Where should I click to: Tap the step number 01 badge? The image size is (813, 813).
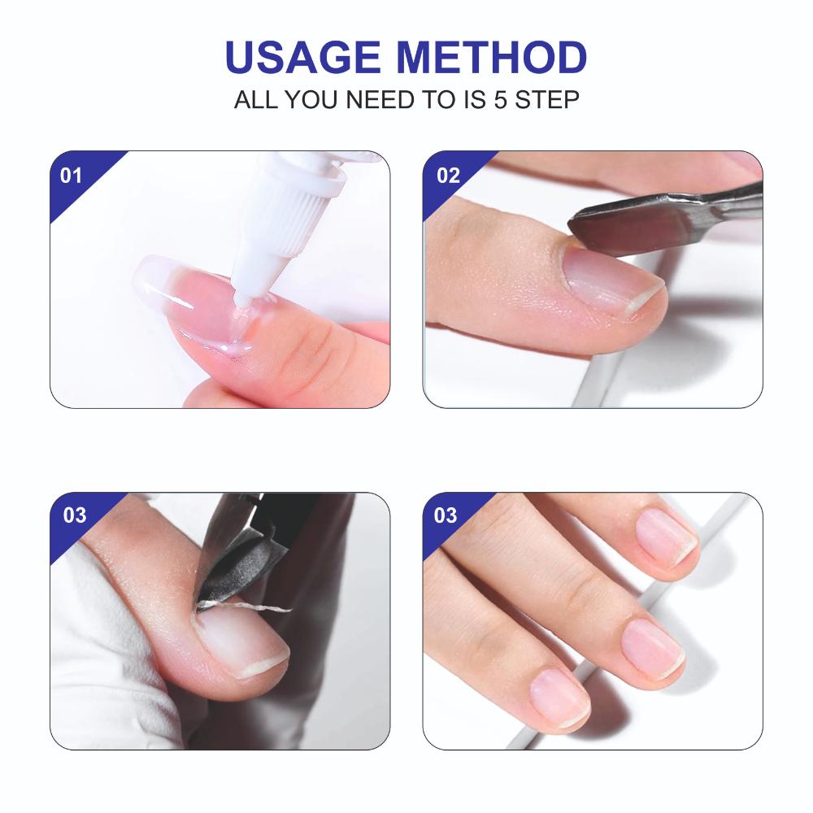[x=72, y=176]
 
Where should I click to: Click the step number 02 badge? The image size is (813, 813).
[x=448, y=176]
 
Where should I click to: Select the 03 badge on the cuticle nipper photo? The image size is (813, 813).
[x=74, y=515]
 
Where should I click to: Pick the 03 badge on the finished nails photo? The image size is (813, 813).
[x=446, y=515]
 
